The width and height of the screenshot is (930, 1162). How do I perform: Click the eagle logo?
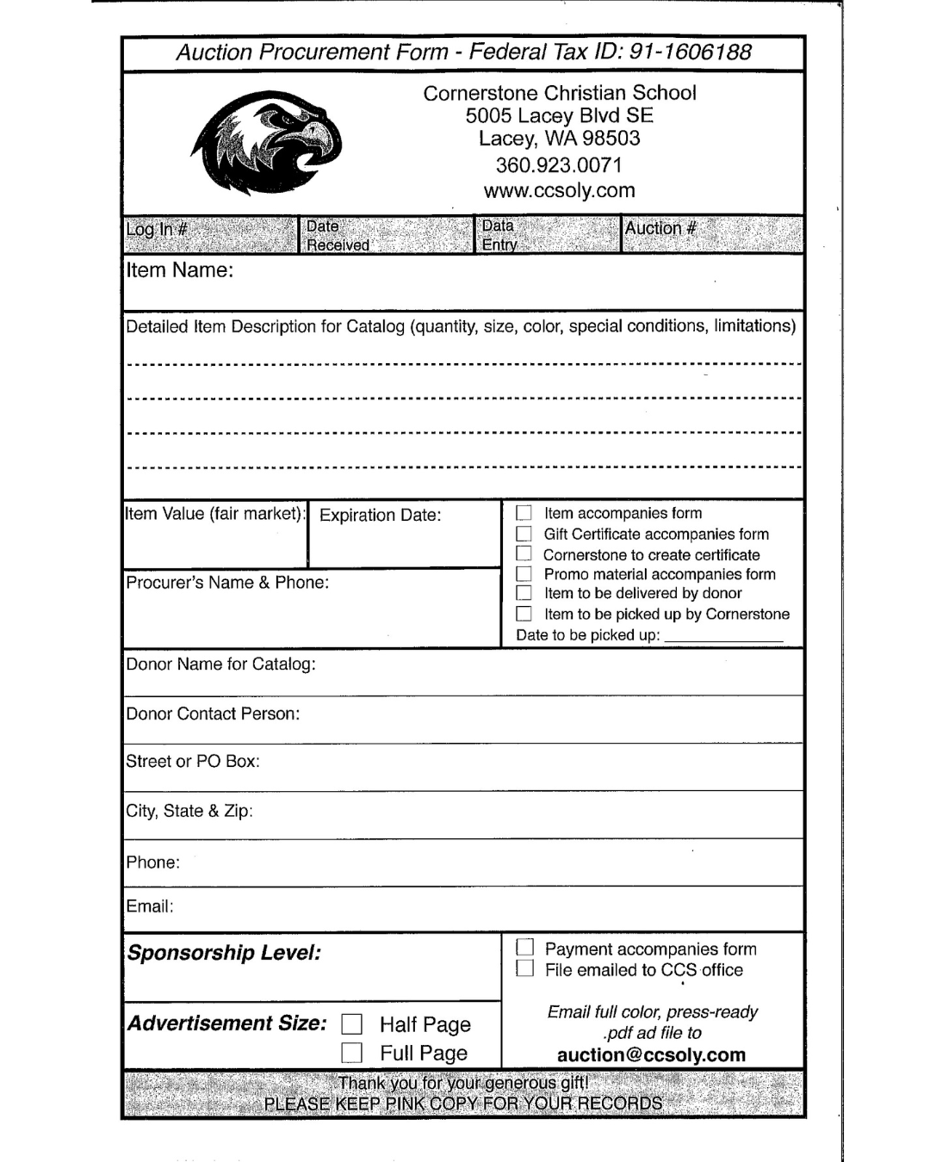tap(267, 145)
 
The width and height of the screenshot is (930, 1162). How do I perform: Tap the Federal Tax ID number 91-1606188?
tap(691, 53)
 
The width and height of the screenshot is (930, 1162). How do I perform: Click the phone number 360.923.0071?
tap(559, 165)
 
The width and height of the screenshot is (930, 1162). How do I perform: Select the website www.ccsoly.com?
tap(559, 191)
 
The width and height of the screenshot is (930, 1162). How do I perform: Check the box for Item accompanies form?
tap(524, 513)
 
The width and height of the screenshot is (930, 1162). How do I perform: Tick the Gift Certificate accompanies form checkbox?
tap(524, 535)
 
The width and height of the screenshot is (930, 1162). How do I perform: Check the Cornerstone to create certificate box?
tap(524, 554)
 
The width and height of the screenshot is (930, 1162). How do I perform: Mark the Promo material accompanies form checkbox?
tap(524, 574)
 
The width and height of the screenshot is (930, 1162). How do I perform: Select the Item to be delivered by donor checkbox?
tap(524, 593)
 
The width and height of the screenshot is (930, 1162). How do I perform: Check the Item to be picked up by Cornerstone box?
tap(524, 614)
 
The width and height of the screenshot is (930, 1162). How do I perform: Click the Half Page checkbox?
tap(351, 1024)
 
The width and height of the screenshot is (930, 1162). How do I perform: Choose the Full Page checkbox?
tap(351, 1053)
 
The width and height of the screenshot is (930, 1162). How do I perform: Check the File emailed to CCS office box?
tap(524, 969)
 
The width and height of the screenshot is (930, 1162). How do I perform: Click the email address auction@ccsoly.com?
tap(651, 1055)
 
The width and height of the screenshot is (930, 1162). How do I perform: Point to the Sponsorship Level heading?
tap(224, 953)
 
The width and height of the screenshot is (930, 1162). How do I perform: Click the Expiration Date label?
tap(380, 516)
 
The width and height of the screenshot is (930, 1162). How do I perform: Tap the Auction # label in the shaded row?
tap(660, 229)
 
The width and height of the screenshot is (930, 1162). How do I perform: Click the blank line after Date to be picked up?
tap(723, 637)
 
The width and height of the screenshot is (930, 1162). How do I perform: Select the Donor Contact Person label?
tap(213, 714)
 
